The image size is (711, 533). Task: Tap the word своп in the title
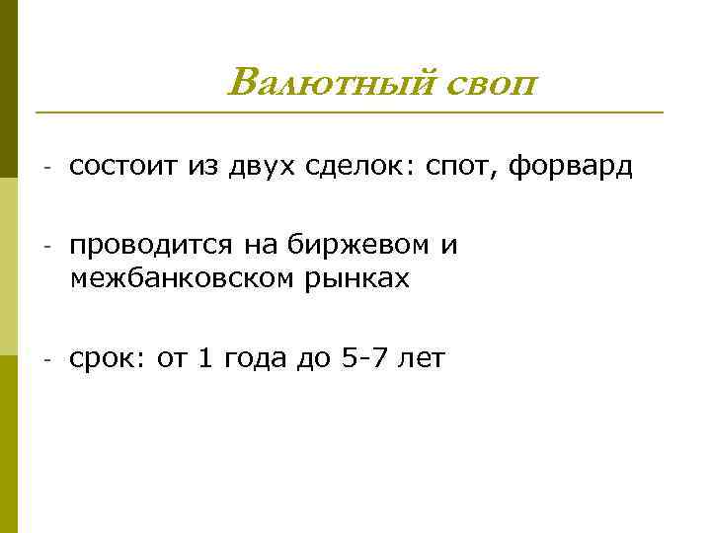pos(490,83)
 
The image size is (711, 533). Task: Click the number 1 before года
pos(204,358)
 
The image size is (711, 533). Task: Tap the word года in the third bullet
pos(254,359)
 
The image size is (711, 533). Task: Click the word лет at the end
pos(421,358)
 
